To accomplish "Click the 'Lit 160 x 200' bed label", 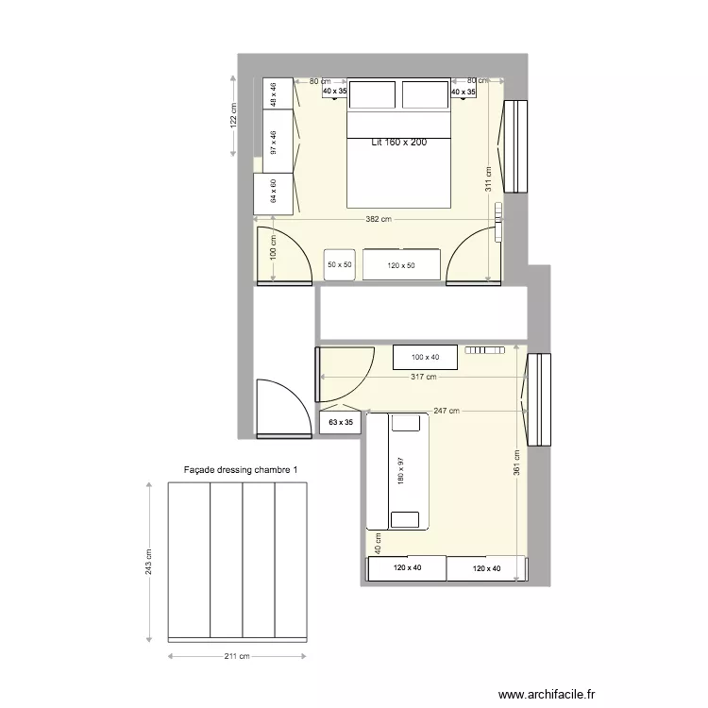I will point(398,143).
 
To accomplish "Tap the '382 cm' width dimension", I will point(378,219).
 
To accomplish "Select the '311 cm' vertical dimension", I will point(488,179).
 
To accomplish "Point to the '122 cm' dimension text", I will point(234,115).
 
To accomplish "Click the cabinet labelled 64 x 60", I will point(274,193).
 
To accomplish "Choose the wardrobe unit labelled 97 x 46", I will point(274,143).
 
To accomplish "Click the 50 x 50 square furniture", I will point(339,265).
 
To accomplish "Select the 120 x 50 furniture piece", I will point(401,265).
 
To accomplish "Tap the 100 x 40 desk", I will point(425,357).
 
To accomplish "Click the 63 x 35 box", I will point(339,424).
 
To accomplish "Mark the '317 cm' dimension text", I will point(424,377).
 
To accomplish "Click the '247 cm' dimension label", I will point(447,411).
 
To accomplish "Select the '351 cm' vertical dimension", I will point(515,486).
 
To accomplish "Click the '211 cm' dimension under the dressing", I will point(238,656).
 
